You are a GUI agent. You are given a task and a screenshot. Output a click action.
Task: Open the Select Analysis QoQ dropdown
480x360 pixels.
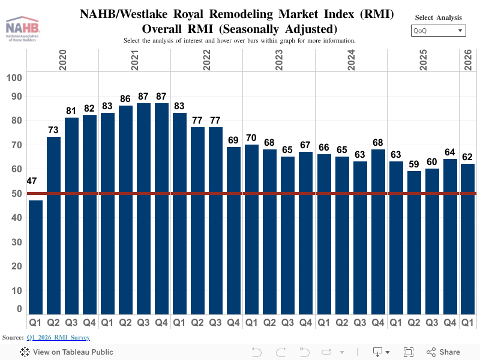point(438,31)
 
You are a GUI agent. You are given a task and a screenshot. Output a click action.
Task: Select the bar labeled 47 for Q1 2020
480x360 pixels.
point(35,258)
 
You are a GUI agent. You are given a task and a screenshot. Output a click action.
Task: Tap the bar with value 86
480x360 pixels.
point(125,210)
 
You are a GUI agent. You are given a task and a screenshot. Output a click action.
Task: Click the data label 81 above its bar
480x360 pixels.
point(71,110)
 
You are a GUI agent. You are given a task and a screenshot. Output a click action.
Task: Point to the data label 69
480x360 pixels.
point(233,140)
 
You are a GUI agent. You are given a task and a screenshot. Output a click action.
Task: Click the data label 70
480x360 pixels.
point(251,137)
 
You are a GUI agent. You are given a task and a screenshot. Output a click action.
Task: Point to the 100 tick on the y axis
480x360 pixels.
point(14,77)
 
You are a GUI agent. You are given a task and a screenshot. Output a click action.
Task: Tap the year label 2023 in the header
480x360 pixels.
point(279,61)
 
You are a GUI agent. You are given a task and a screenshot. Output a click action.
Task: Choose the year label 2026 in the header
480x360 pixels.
point(468,61)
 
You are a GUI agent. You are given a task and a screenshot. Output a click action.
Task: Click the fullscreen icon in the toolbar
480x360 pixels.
point(409,352)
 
